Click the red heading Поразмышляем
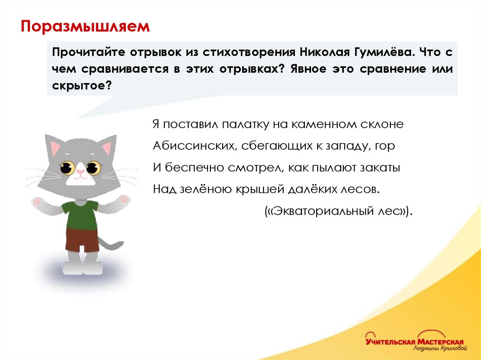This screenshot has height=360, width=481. point(85,26)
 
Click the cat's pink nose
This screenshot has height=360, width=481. point(80,172)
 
